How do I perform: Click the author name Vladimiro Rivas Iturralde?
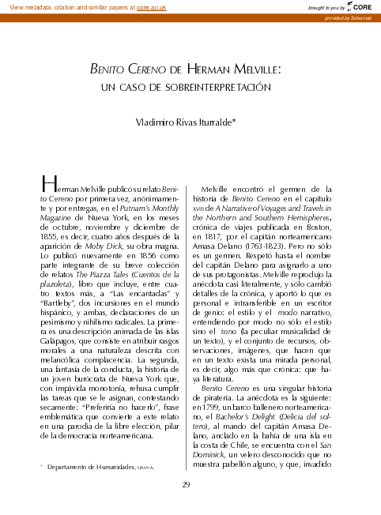coord(190,122)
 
